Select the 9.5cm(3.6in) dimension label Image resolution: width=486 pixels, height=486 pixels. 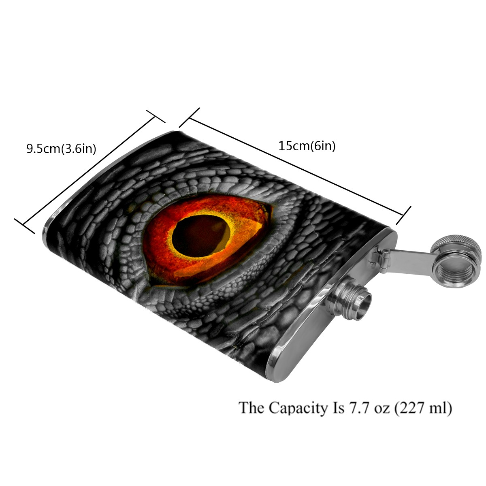click(61, 149)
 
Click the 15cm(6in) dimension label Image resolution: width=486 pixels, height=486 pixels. click(307, 146)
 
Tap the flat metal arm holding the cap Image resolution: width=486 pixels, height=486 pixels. click(409, 258)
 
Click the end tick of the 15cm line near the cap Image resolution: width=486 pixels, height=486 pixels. click(403, 215)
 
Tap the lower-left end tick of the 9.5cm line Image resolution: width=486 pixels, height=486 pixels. click(24, 226)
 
